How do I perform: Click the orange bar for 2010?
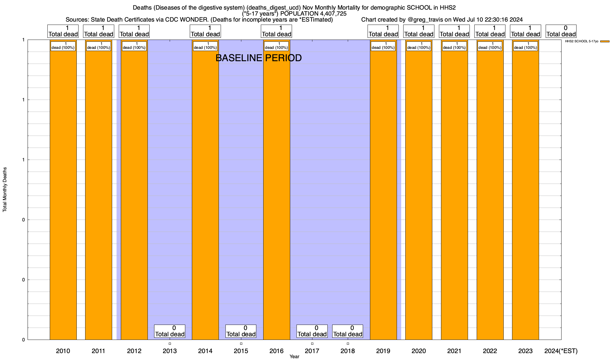point(63,192)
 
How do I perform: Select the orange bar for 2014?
point(205,192)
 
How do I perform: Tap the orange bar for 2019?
point(383,192)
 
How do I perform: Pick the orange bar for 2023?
point(525,192)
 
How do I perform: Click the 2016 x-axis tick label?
point(276,351)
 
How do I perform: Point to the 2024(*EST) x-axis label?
point(561,351)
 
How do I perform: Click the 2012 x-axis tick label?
point(134,351)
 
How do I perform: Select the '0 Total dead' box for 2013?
point(170,331)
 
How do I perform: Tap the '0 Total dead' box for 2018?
point(347,331)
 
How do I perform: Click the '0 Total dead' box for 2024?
point(561,31)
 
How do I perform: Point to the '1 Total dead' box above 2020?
point(419,31)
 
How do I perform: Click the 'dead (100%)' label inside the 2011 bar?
point(99,46)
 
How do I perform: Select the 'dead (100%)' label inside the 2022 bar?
point(490,46)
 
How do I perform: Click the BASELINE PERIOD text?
point(258,58)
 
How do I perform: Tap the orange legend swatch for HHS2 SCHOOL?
point(605,41)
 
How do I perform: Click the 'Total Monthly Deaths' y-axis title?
point(5,190)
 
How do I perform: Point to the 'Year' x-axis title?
point(294,357)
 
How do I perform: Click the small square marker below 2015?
point(241,343)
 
